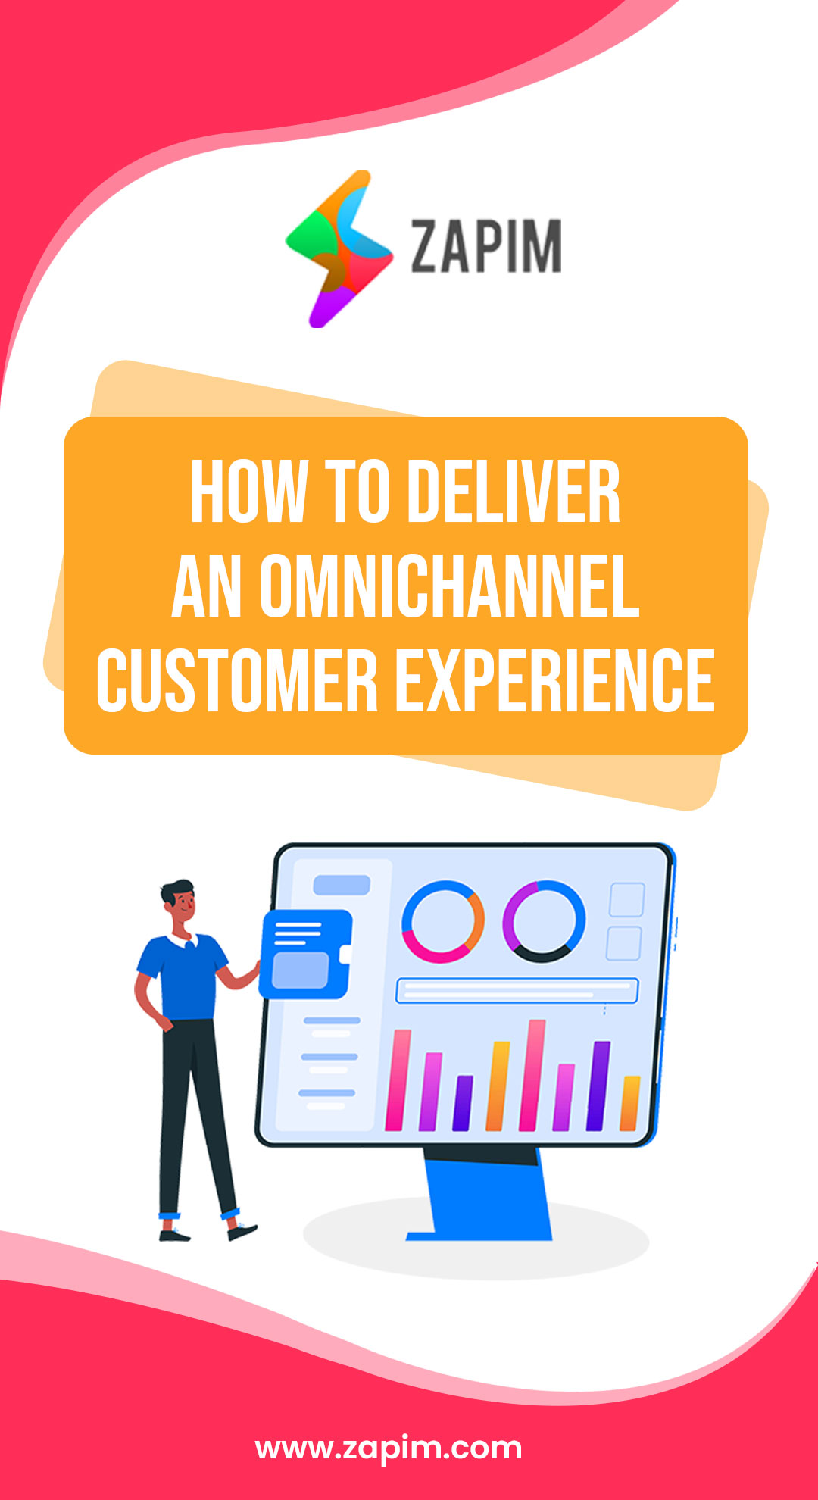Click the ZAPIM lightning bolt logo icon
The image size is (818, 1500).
coord(339,248)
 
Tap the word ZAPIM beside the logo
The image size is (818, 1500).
coord(485,245)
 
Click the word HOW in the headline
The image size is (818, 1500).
coord(248,492)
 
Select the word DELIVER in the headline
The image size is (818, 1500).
coord(514,492)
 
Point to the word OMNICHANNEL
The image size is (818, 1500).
coord(450,586)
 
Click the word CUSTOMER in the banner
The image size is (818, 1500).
coord(237,680)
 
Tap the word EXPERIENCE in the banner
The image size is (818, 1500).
coord(555,680)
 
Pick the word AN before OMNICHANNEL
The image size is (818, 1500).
coord(207,586)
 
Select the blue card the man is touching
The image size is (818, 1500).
coord(305,955)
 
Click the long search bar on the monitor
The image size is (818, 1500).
coord(517,990)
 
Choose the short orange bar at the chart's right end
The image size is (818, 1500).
coord(630,1103)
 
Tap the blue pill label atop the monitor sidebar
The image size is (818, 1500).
coord(342,885)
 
